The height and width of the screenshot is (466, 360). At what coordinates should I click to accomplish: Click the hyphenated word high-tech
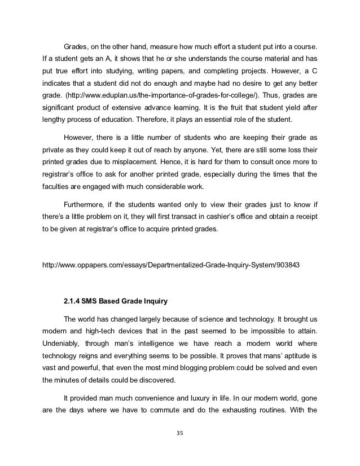coord(111,329)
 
